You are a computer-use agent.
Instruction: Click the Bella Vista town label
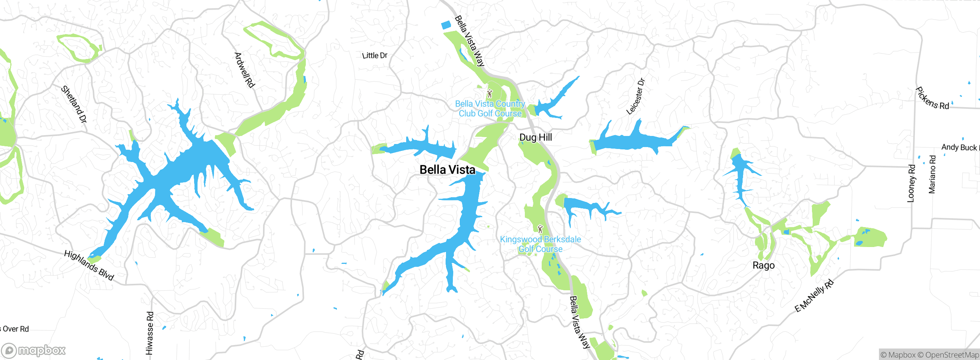[x=447, y=170]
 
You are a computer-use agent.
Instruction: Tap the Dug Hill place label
[x=536, y=137]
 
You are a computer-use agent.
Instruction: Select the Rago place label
[x=763, y=265]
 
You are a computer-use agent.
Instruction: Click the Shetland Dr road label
[x=74, y=104]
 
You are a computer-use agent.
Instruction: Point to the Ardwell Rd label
[x=245, y=70]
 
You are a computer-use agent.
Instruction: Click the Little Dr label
[x=375, y=56]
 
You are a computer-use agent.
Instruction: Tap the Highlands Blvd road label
[x=89, y=265]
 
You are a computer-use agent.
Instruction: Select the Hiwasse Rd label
[x=150, y=333]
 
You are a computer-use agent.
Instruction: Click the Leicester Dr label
[x=635, y=97]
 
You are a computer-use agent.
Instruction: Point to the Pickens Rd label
[x=932, y=99]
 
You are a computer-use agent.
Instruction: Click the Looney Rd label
[x=911, y=183]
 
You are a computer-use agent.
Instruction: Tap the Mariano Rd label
[x=932, y=174]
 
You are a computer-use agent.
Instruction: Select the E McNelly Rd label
[x=813, y=296]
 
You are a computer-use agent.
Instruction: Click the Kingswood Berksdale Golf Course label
[x=541, y=244]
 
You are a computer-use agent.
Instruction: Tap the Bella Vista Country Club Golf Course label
[x=490, y=109]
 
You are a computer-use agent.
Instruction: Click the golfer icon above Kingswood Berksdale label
[x=540, y=229]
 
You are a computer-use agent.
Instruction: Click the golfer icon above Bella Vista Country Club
[x=489, y=93]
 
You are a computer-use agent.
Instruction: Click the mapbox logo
[x=34, y=350]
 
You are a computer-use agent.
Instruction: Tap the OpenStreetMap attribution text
[x=952, y=355]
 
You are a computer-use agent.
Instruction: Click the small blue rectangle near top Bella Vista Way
[x=446, y=25]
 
